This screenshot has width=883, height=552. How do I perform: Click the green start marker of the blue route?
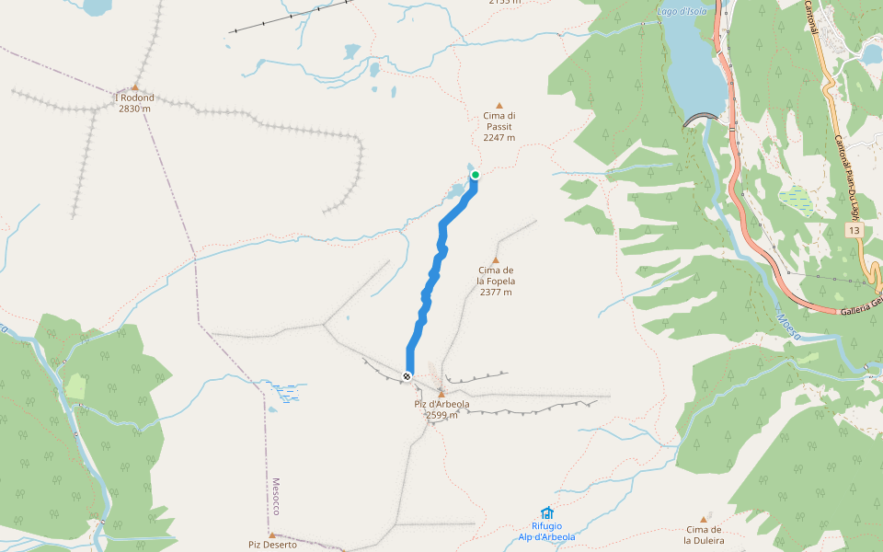click(x=476, y=174)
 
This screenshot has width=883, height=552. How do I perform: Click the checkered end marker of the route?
click(x=407, y=375)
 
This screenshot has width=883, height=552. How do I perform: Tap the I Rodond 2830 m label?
click(x=134, y=103)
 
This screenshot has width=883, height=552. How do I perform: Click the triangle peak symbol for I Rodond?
click(x=134, y=87)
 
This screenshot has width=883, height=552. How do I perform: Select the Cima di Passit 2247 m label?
click(x=499, y=126)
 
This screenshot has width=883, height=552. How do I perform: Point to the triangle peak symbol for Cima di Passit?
click(x=499, y=106)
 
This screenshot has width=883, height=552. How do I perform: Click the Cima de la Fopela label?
click(x=496, y=281)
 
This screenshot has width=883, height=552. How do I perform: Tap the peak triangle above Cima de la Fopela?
click(x=496, y=260)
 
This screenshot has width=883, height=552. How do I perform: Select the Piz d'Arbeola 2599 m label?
click(x=441, y=409)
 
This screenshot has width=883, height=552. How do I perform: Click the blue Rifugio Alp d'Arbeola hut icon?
click(x=547, y=512)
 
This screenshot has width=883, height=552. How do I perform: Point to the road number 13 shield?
click(x=854, y=229)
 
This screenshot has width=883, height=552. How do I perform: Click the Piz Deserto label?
click(x=272, y=545)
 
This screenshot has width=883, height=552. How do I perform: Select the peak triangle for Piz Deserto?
click(x=272, y=534)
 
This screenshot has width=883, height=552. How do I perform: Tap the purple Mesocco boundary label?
click(x=275, y=496)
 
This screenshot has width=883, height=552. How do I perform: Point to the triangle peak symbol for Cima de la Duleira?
click(x=705, y=519)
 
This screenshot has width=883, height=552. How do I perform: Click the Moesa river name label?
click(x=788, y=326)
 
